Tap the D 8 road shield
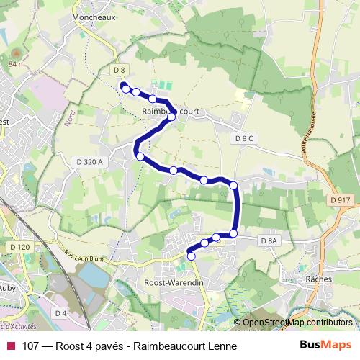point(120,70)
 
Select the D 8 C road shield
point(246,138)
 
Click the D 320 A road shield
point(91,162)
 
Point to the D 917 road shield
point(341,199)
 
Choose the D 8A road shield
point(269,240)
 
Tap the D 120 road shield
point(20,246)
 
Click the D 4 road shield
point(60,312)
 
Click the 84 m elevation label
point(16,64)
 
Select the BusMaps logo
point(325,345)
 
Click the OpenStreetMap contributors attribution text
point(297,323)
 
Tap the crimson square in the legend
point(10,346)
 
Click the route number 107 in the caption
point(30,346)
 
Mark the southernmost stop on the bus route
point(192,256)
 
